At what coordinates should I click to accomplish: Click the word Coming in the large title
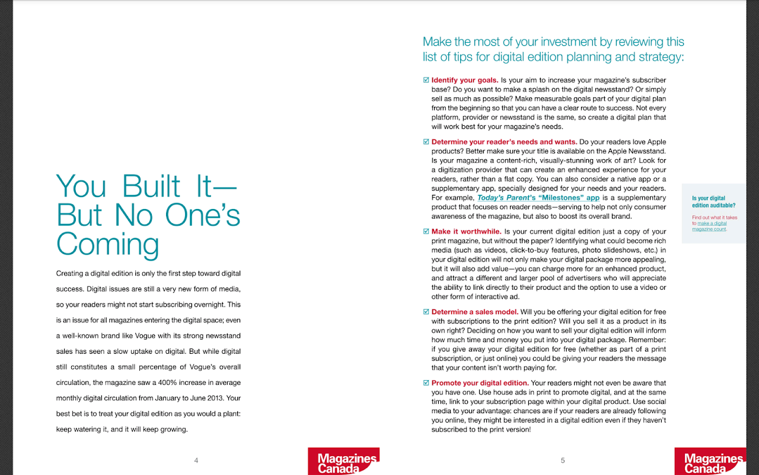[x=107, y=244]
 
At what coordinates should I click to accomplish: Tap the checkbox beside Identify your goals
[x=426, y=80]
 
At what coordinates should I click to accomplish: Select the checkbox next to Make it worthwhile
[x=426, y=232]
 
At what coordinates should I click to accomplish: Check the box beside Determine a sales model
[x=426, y=312]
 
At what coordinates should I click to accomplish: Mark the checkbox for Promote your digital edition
[x=426, y=383]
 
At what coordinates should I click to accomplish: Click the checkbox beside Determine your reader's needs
[x=426, y=142]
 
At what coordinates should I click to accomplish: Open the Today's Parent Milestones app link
[x=538, y=198]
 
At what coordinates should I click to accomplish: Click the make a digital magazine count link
[x=712, y=226]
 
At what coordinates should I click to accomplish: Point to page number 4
[x=196, y=460]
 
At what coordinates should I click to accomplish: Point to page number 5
[x=563, y=460]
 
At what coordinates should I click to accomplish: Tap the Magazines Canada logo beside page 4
[x=343, y=462]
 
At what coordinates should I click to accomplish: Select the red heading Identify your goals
[x=464, y=80]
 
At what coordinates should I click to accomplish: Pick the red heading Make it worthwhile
[x=466, y=232]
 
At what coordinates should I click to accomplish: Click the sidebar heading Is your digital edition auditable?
[x=713, y=202]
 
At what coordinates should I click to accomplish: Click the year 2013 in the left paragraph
[x=213, y=398]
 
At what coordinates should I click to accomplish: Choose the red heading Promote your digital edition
[x=480, y=383]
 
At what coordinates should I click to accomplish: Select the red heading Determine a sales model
[x=474, y=312]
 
